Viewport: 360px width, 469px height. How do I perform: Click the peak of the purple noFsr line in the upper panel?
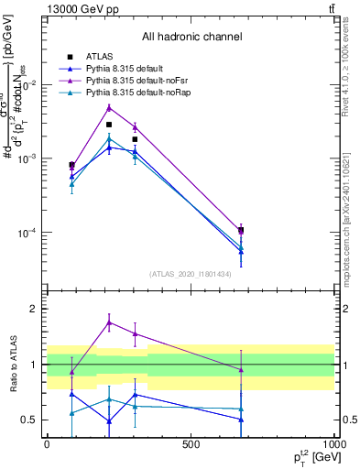click(x=109, y=107)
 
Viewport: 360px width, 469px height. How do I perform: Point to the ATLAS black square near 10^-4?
click(x=241, y=231)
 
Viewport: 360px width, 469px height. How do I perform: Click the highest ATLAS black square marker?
click(x=109, y=125)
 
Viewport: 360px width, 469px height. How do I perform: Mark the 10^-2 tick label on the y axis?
click(x=27, y=85)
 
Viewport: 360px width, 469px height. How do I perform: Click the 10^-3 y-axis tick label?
click(x=27, y=159)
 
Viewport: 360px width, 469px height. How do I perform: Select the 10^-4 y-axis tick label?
click(x=27, y=234)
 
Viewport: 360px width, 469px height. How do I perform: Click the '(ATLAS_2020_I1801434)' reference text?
click(x=191, y=274)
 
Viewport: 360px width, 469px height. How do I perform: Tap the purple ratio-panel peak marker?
click(x=109, y=322)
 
